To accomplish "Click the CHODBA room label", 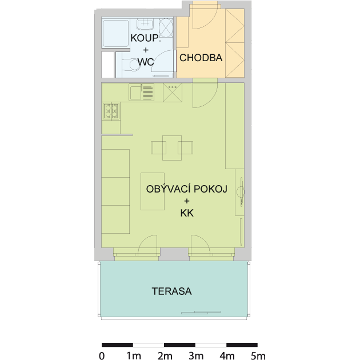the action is point(201,58).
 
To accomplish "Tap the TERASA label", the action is point(172,291).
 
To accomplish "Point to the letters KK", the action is point(187,213).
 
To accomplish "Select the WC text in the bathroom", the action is point(146,62).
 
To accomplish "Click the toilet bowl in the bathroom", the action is point(134,65).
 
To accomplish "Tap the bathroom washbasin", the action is point(145,25).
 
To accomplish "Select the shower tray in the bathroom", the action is point(115,34).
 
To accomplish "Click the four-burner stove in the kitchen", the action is point(111,111).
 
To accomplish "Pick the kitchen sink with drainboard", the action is point(142,93).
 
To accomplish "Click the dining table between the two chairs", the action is point(172,148).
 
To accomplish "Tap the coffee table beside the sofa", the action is point(153,191).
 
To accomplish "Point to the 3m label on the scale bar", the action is point(196,356).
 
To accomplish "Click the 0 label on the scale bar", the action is point(102,356).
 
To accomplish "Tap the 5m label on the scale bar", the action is point(258,356).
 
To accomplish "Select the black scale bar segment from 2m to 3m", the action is point(179,345).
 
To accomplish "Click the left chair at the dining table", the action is point(158,147).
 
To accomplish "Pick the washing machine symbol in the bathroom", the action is point(166,28).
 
